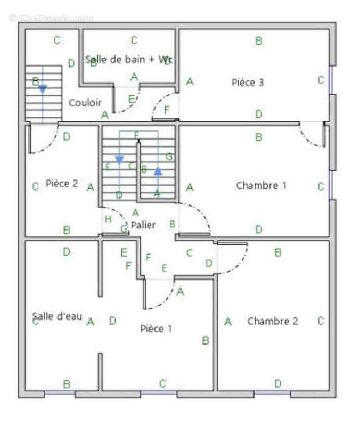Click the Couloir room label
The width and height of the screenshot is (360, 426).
pyautogui.click(x=85, y=102)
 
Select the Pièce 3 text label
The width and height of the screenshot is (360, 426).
pyautogui.click(x=248, y=83)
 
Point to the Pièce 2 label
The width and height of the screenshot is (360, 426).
pyautogui.click(x=62, y=184)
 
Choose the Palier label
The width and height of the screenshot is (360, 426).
pyautogui.click(x=143, y=225)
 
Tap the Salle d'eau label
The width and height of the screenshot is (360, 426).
pyautogui.click(x=57, y=316)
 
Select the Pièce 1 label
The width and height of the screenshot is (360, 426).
pyautogui.click(x=156, y=329)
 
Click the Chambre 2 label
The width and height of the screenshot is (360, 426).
pyautogui.click(x=272, y=321)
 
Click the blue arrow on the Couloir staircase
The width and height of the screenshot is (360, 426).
pyautogui.click(x=43, y=89)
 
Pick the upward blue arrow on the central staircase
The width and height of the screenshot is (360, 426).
pyautogui.click(x=158, y=171)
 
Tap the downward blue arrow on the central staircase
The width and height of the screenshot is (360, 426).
pyautogui.click(x=119, y=159)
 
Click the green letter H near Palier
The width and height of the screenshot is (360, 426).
pyautogui.click(x=108, y=219)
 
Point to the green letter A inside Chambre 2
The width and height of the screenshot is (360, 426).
pyautogui.click(x=228, y=322)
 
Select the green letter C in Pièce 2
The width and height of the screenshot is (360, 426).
pyautogui.click(x=35, y=186)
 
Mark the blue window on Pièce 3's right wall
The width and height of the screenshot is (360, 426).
pyautogui.click(x=331, y=80)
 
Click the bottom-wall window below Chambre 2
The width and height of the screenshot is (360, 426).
pyautogui.click(x=272, y=394)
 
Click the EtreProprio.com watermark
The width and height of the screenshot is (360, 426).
pyautogui.click(x=51, y=18)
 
